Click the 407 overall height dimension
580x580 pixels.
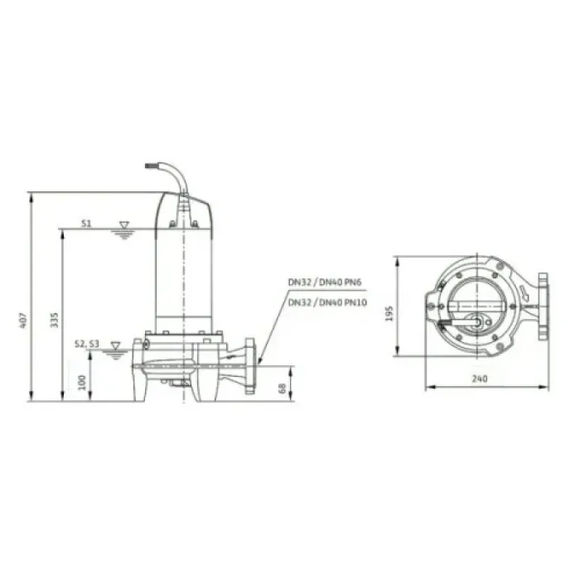(23, 321)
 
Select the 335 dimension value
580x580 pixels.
(55, 320)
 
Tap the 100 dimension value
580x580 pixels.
(82, 383)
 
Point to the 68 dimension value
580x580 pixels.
(283, 389)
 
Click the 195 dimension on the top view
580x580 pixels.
(389, 314)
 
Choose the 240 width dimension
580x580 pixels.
(480, 379)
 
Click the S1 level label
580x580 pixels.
(86, 224)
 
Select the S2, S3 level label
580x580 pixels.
(87, 344)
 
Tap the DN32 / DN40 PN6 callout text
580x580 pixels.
(325, 283)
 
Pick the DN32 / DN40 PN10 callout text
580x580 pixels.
(327, 303)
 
